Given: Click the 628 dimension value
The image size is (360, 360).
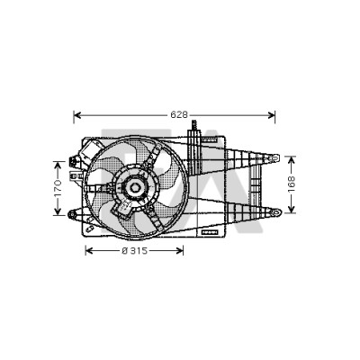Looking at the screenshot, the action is [x=179, y=114].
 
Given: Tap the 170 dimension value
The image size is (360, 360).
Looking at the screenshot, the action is [x=58, y=188].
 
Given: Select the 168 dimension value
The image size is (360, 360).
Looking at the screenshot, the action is [x=292, y=184].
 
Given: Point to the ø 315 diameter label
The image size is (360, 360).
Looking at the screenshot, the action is [x=135, y=250].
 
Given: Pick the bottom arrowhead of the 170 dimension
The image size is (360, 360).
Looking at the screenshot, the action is [x=58, y=211].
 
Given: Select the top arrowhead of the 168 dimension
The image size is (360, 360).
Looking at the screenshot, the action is [x=292, y=160].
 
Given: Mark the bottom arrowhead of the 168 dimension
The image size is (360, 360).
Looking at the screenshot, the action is [x=292, y=209].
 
